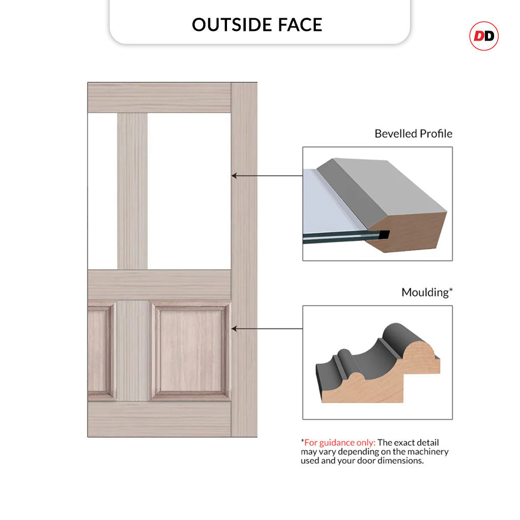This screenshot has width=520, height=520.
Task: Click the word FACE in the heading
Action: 300,25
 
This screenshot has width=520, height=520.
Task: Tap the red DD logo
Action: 484,36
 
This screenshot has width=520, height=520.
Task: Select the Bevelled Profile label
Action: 413,134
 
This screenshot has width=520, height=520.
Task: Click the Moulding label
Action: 427,292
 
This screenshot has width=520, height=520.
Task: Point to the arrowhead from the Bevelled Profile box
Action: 234,175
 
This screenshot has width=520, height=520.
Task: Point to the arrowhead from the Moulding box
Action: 234,329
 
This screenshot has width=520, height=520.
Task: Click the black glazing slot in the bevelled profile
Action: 384,235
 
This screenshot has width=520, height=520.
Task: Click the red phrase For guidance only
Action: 340,442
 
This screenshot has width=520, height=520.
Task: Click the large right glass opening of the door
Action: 189,191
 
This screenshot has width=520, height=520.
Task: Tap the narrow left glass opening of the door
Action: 103,191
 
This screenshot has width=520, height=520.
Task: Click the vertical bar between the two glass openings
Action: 133,191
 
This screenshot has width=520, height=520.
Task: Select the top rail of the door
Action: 159,98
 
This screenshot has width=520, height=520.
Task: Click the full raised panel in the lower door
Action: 191,350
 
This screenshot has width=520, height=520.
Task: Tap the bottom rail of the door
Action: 159,418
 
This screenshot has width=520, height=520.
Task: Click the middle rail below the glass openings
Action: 159,284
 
